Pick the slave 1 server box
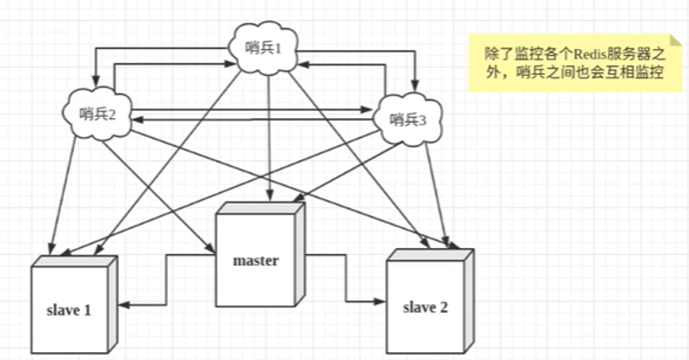74,306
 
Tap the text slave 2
425,307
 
